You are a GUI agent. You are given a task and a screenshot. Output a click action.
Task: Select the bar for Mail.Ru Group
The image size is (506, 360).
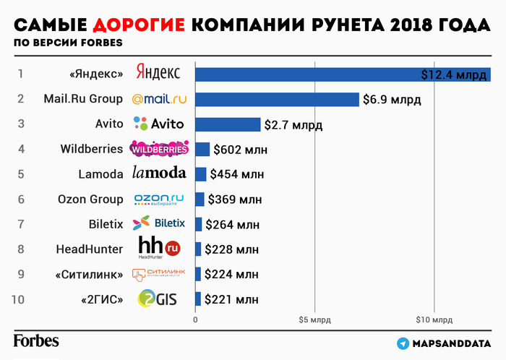tap(278, 99)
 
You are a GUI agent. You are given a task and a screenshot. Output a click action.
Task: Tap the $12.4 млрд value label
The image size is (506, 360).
tap(455, 74)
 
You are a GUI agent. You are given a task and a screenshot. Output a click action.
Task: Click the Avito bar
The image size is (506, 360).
tap(228, 124)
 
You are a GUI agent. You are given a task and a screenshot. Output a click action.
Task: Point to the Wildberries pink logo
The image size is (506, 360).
tap(159, 150)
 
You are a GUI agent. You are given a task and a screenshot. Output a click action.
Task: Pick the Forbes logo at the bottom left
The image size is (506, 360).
tap(36, 340)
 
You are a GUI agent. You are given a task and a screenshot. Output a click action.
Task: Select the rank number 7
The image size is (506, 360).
tap(21, 224)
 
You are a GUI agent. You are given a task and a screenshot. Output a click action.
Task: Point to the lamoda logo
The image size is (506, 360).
tap(159, 173)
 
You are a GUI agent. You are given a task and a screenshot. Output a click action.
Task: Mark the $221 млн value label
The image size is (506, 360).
tap(231, 299)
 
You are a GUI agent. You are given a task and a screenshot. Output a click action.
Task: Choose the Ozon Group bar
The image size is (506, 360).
tap(200, 200)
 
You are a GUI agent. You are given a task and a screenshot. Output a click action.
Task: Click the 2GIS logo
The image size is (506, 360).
tap(157, 299)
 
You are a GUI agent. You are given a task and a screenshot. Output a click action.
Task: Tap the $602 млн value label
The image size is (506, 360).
tap(239, 150)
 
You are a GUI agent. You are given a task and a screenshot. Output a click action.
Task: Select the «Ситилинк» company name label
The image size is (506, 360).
tap(87, 274)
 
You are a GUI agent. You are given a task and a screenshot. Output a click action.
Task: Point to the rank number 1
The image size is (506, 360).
tap(21, 74)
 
